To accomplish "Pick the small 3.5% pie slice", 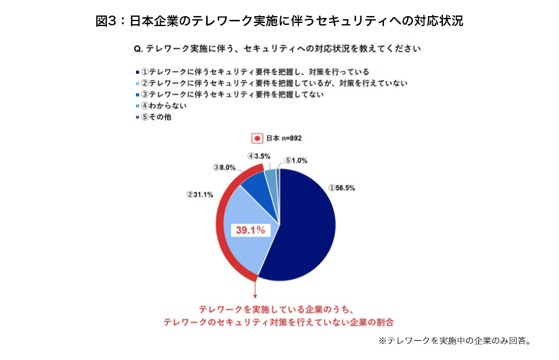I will (271, 178).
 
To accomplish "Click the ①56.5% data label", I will (342, 187).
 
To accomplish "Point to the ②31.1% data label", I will (200, 194).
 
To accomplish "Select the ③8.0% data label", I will (224, 167).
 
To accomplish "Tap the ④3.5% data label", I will (259, 156).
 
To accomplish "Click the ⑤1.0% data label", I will (296, 160).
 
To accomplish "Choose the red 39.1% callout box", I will (250, 230).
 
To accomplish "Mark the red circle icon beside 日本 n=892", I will (256, 138).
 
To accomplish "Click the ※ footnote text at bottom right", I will (453, 340).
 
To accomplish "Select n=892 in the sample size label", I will (291, 138).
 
